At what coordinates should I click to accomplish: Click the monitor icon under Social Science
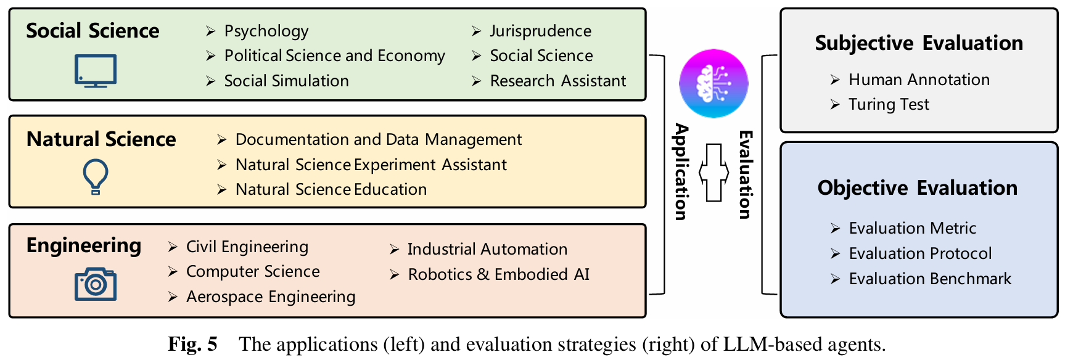coord(96,71)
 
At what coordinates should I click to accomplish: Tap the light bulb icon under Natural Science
coord(96,177)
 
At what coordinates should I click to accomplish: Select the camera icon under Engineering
coord(96,284)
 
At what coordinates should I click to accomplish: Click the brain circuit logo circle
coord(713,84)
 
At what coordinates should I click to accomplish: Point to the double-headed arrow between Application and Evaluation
coord(713,173)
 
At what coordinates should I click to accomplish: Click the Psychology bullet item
coord(266,31)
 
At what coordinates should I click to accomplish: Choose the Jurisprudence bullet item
coord(540,31)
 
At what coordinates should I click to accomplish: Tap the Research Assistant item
coord(557,81)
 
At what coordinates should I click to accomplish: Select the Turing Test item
coord(888,105)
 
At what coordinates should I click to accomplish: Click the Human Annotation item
coord(919,80)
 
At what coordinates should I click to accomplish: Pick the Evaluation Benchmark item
coord(930,279)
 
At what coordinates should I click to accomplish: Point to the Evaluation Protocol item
coord(920,253)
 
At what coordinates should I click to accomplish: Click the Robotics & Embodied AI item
coord(498,274)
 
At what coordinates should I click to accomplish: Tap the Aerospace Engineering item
coord(271,297)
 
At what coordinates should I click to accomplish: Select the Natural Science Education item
coord(331,189)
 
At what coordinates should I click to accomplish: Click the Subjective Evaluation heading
coord(919,43)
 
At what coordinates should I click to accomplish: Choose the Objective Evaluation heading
coord(918,188)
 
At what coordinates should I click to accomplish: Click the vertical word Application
coord(681,171)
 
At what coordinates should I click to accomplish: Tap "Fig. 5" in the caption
coord(192,344)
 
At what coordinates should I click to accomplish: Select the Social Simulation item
coord(286,81)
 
